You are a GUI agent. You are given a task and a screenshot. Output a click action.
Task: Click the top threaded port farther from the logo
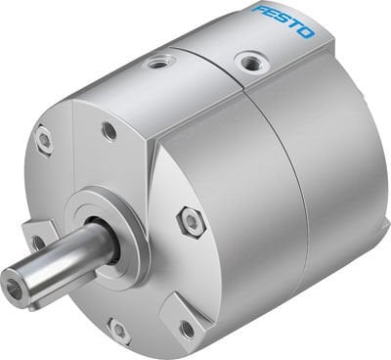coord(157,65)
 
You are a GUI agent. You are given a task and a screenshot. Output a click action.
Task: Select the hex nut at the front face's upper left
coord(45,141)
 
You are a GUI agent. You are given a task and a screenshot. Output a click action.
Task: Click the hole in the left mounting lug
coord(38,242)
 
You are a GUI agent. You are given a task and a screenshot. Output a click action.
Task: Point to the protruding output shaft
coord(59,275)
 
